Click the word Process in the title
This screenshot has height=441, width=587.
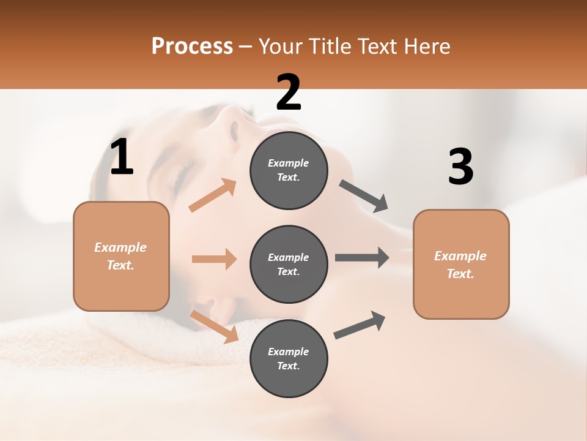point(192,46)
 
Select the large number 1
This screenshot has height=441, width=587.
point(122,157)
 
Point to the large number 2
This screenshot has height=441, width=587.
point(289,92)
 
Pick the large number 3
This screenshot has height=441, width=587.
point(460,167)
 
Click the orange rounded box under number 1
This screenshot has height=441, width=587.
point(121,256)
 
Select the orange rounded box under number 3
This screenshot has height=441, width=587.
point(461,264)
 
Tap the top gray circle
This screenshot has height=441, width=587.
point(289,170)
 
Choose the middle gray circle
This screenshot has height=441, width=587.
point(289,264)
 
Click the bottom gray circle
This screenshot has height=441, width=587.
point(289,358)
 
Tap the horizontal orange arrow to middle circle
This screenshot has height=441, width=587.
point(214,259)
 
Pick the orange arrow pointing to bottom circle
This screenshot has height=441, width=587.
point(215,326)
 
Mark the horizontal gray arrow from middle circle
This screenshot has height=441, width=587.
point(362,257)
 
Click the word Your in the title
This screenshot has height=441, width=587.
point(278,46)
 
